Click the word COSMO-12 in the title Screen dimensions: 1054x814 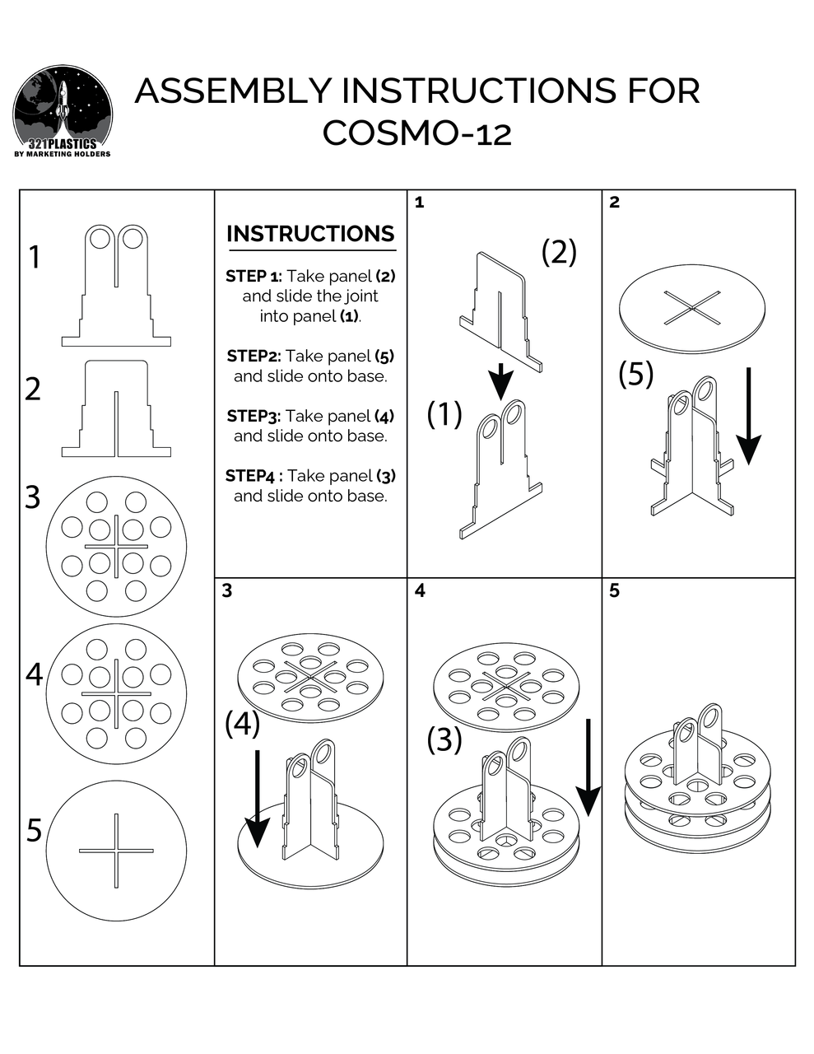pos(416,133)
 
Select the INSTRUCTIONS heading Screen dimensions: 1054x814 pos(310,234)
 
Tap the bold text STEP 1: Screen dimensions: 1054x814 pos(254,276)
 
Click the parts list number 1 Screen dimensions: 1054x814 pos(34,258)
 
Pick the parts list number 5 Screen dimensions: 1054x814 pos(34,830)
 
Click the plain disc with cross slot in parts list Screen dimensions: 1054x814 pos(115,850)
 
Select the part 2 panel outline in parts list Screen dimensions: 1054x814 pos(116,408)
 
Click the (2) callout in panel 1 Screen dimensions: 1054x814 pos(559,252)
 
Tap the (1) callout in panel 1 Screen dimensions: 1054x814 pos(444,414)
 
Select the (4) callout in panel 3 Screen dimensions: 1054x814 pos(242,724)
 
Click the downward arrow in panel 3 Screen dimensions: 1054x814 pos(258,799)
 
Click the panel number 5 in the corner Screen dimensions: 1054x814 pos(615,590)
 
